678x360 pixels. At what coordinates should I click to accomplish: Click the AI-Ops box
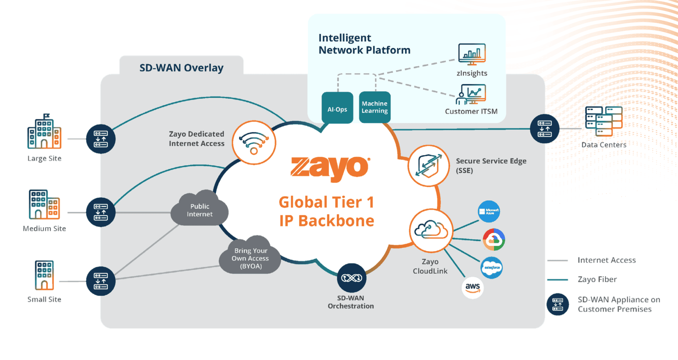[x=337, y=108]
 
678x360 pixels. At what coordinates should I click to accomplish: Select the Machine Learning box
[x=375, y=107]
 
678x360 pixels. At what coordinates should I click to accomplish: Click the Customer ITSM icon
[x=471, y=94]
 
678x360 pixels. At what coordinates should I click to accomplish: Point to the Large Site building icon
[x=44, y=132]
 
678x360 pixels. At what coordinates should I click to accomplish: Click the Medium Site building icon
[x=44, y=204]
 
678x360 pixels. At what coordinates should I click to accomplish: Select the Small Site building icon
[x=44, y=275]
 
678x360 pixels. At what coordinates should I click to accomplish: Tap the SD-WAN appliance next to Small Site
[x=101, y=281]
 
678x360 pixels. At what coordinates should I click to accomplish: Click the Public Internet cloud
[x=200, y=210]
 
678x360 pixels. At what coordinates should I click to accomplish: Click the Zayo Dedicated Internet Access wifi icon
[x=254, y=143]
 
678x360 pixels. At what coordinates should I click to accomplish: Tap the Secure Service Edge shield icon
[x=428, y=166]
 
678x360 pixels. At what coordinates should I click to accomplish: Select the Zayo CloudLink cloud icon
[x=431, y=230]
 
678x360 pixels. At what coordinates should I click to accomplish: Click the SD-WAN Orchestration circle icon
[x=351, y=278]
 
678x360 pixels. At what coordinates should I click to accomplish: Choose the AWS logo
[x=472, y=287]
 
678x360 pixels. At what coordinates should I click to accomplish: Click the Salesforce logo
[x=492, y=268]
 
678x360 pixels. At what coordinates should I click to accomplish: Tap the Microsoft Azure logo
[x=489, y=211]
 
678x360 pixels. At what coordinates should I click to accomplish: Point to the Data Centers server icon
[x=603, y=121]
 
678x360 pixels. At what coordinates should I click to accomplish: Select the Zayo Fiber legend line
[x=557, y=280]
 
